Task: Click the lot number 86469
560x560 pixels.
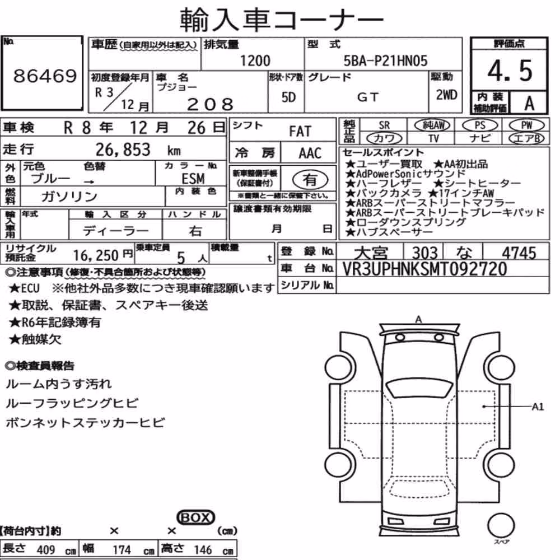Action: tap(45, 76)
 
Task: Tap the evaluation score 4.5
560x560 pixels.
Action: tap(510, 71)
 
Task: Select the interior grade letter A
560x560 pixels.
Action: tap(529, 103)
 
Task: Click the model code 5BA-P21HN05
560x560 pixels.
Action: tap(385, 60)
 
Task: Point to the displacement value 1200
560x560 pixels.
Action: tap(255, 60)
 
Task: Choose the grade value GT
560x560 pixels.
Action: tap(367, 97)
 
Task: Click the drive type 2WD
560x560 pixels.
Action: tap(446, 95)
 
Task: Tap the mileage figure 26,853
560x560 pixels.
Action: tap(123, 150)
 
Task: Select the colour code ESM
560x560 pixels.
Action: tap(193, 179)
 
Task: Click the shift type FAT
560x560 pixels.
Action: tap(300, 132)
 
